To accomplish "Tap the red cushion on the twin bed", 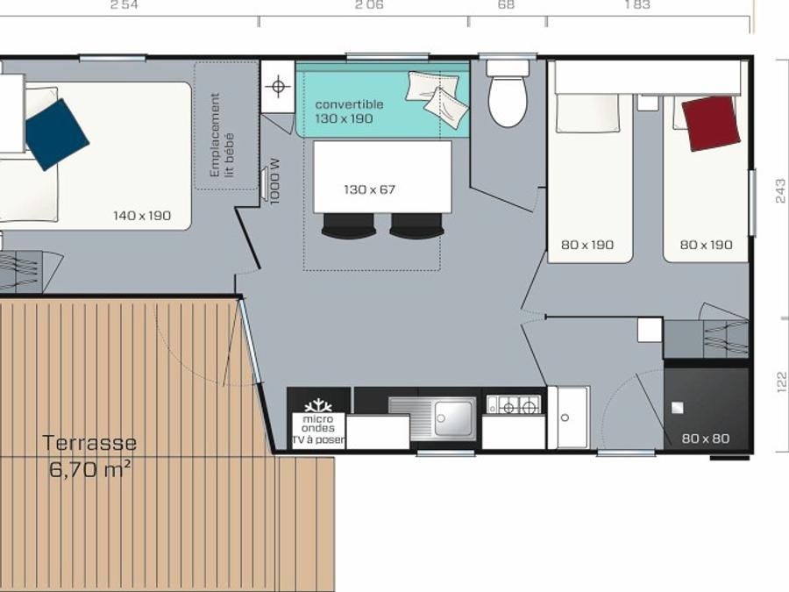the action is click(710, 123).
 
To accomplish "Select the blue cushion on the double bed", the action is click(57, 134).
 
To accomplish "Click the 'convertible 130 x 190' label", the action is click(349, 111).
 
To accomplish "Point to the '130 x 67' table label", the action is click(369, 189).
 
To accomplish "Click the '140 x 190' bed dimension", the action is click(142, 216).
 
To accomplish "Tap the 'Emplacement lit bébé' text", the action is click(222, 135).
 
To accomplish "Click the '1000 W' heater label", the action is click(274, 182).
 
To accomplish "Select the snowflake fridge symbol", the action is click(318, 406).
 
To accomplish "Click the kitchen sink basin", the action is click(454, 418).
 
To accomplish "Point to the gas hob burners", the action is click(513, 404).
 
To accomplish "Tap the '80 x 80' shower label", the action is click(706, 439).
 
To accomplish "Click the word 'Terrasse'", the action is click(89, 443).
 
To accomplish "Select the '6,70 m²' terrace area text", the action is click(90, 470).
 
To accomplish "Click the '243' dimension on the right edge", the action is click(780, 190).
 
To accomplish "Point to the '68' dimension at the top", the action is click(506, 4).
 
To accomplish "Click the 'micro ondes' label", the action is click(318, 424).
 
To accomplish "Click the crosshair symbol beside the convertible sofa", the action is click(278, 86).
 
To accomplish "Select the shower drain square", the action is click(678, 407).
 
